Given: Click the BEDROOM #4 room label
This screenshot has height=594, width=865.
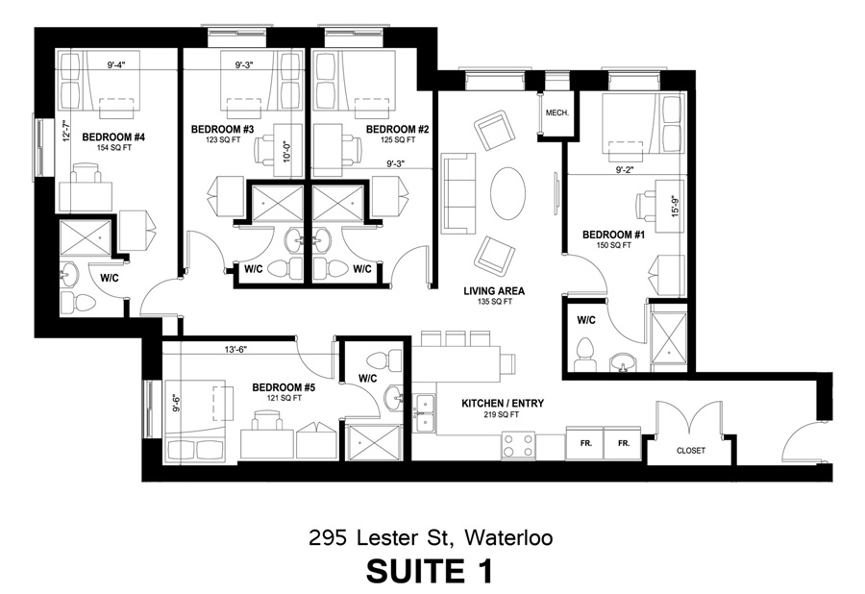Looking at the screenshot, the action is pyautogui.click(x=113, y=136).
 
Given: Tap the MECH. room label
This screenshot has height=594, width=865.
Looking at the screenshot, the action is pyautogui.click(x=557, y=112).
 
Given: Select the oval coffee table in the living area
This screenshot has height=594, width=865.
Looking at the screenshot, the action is pyautogui.click(x=508, y=193).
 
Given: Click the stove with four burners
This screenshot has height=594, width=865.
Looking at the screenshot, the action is pyautogui.click(x=518, y=445).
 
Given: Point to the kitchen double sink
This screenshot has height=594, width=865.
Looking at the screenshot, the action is pyautogui.click(x=424, y=413).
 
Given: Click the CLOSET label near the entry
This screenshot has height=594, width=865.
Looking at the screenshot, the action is pyautogui.click(x=691, y=451).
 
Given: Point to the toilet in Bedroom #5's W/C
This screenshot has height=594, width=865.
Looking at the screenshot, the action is pyautogui.click(x=385, y=359).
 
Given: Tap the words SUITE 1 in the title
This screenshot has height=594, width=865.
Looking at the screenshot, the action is pyautogui.click(x=430, y=570).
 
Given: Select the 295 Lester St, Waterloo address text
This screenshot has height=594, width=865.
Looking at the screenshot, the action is pyautogui.click(x=431, y=536).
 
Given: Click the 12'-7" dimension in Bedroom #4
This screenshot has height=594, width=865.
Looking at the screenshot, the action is pyautogui.click(x=67, y=133).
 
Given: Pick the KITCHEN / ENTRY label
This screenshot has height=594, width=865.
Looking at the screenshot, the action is pyautogui.click(x=503, y=404).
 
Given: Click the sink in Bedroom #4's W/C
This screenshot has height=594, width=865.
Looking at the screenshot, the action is pyautogui.click(x=69, y=273).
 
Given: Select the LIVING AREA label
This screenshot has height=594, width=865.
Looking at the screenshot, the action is pyautogui.click(x=494, y=290).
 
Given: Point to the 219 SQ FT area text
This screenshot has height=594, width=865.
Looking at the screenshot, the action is pyautogui.click(x=503, y=415).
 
